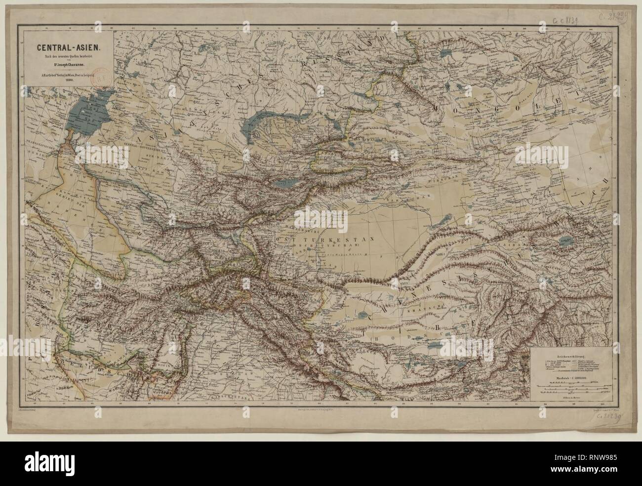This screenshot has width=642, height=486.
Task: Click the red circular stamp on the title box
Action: tap(105, 79)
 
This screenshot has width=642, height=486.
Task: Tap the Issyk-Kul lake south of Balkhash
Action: tap(281, 185)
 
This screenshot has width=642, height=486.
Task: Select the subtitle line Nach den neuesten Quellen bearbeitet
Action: tap(66, 57)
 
